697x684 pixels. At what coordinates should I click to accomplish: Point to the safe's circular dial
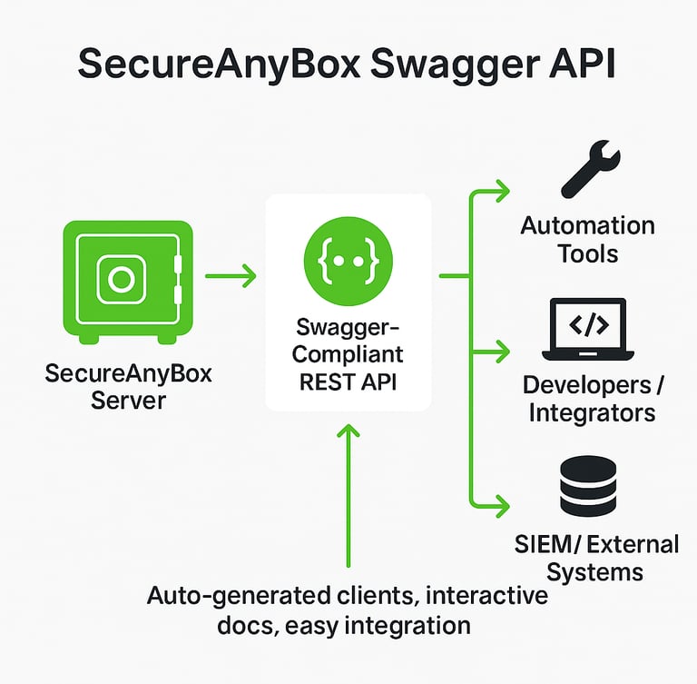tap(121, 279)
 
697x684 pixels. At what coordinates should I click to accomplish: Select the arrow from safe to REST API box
tap(231, 274)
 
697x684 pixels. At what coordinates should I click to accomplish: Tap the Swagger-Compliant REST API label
tap(349, 353)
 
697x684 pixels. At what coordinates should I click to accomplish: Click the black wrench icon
tap(591, 169)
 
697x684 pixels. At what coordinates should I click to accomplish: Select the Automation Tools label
tap(587, 238)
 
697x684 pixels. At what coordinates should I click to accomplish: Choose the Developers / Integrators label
tap(593, 399)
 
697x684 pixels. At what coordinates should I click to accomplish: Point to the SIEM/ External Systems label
tap(595, 559)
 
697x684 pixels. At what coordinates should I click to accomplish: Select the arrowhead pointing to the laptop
tap(501, 349)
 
